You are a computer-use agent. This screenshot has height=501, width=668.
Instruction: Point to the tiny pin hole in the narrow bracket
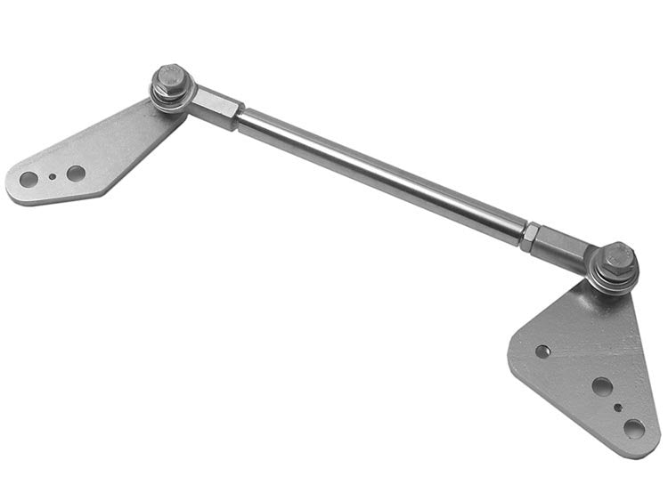[53, 176]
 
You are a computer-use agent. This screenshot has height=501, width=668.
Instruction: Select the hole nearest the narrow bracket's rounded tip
[29, 180]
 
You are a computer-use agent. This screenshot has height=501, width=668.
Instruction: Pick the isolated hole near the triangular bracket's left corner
[542, 352]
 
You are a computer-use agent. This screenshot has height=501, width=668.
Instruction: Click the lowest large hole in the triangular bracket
[634, 429]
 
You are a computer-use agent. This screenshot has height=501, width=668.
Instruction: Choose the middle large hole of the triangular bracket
[602, 387]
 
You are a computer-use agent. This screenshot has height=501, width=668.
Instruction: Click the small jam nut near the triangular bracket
[529, 235]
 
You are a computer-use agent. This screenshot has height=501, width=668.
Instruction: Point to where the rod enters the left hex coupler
[241, 117]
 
